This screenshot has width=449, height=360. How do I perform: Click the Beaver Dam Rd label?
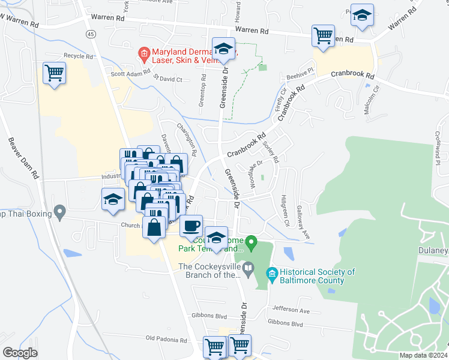coord(24,160)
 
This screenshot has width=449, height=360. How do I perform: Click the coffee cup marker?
coord(191,226)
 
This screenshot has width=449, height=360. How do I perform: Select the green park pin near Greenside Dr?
coord(252,243)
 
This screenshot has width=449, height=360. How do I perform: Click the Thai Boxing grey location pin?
coord(59,211)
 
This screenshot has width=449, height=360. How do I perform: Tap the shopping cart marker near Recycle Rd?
coord(54,73)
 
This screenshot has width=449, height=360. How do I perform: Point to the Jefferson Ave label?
coord(291,311)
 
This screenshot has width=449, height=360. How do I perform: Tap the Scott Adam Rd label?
coord(129,74)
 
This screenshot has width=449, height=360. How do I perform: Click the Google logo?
coord(20,352)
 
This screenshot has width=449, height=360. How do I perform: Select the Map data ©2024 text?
coord(423,355)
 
